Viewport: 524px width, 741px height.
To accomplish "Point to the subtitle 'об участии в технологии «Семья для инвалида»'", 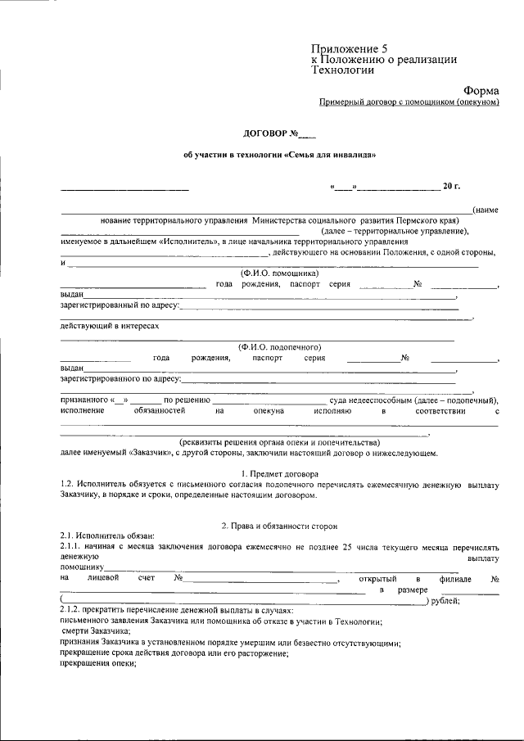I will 280,155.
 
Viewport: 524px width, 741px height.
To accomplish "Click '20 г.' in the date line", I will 451,188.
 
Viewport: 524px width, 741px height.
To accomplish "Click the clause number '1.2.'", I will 70,485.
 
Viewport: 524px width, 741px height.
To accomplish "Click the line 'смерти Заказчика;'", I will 97,632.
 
